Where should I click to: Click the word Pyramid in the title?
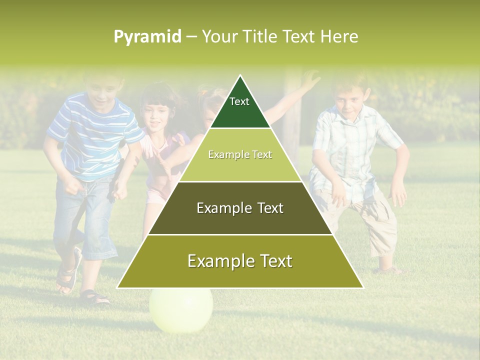(x=147, y=37)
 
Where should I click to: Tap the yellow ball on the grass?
(x=181, y=310)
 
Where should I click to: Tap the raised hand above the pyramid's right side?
(x=311, y=79)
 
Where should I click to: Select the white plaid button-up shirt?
(x=350, y=150)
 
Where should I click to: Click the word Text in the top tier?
(x=239, y=101)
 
